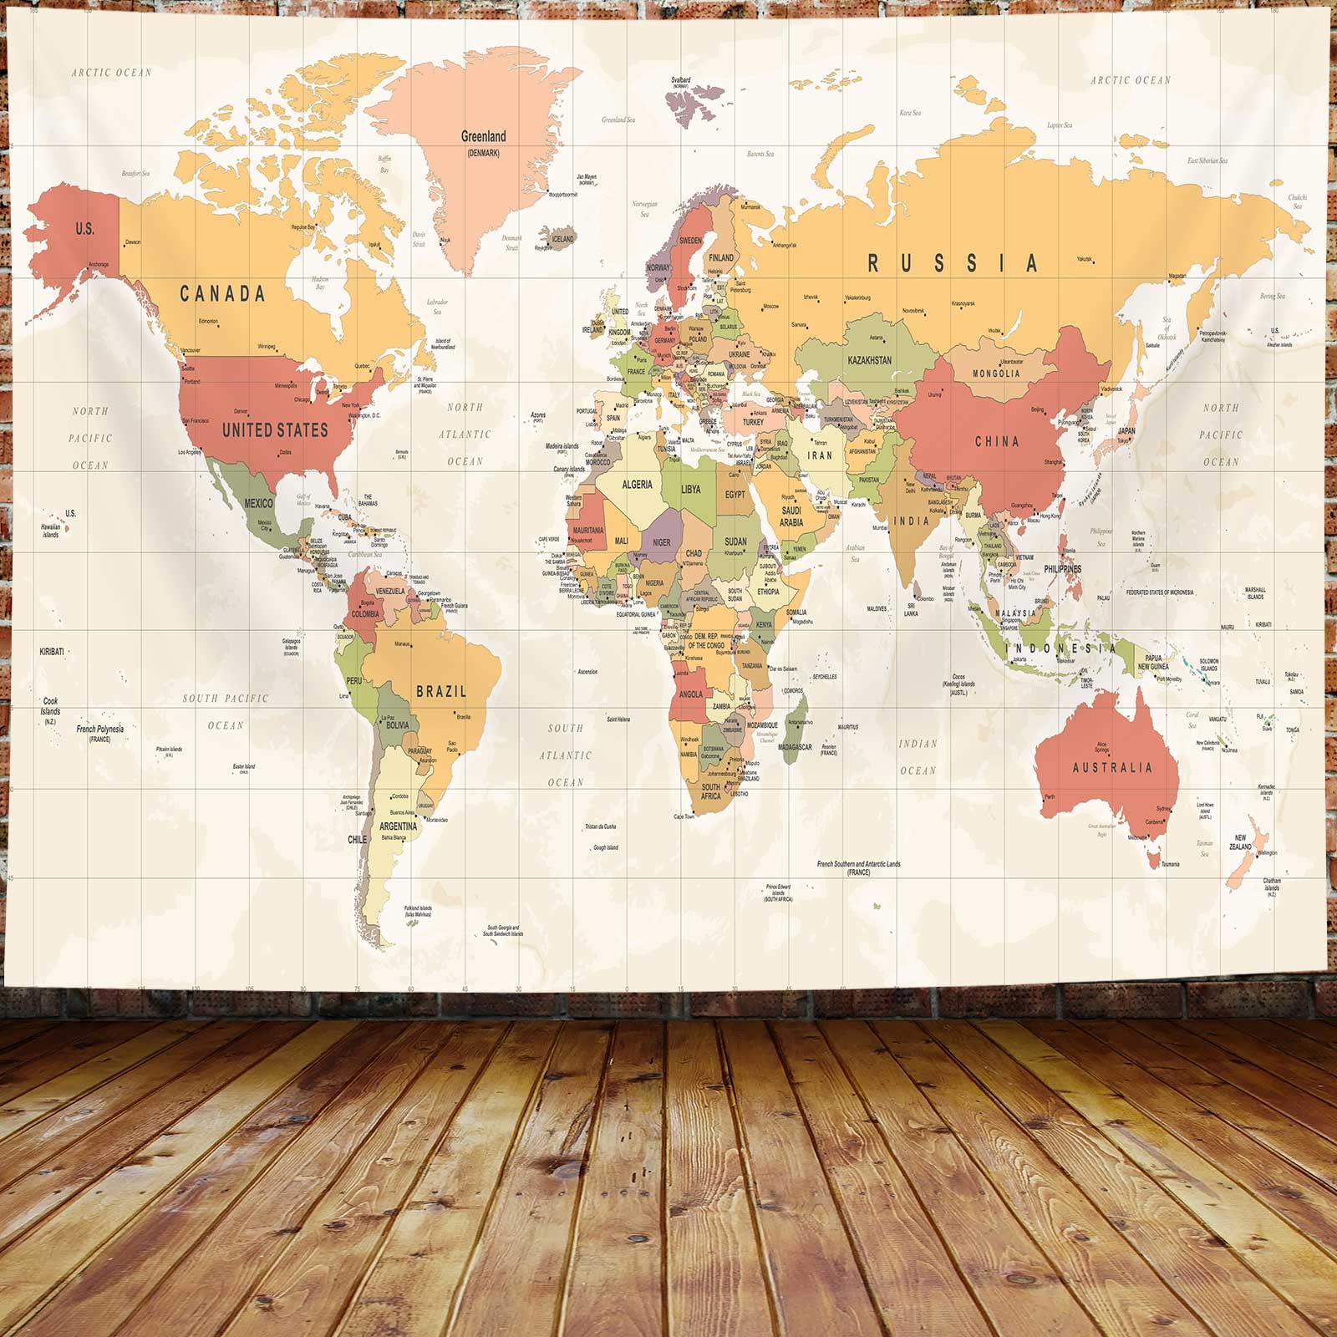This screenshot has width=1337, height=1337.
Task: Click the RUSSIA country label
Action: click(953, 263)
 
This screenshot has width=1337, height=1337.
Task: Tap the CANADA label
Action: click(223, 293)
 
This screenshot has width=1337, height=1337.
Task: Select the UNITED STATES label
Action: click(275, 430)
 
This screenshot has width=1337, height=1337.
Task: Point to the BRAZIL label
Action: click(441, 692)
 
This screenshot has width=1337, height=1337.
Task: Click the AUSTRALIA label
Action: click(1112, 767)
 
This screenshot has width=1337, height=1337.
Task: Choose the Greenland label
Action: click(484, 136)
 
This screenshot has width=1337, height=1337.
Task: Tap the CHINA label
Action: click(997, 441)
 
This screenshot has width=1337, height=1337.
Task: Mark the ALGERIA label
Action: click(638, 484)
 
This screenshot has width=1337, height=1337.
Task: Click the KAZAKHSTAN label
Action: click(869, 360)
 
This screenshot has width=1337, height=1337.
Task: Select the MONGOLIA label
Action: click(996, 374)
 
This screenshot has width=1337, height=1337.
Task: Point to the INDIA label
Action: click(911, 521)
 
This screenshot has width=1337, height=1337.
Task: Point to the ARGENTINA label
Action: click(399, 826)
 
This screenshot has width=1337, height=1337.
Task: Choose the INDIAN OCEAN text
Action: click(918, 756)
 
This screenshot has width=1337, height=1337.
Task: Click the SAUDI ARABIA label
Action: click(791, 516)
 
